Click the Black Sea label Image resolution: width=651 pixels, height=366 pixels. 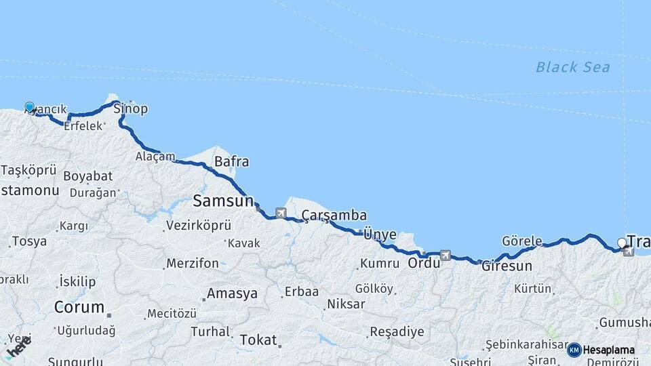(x=572, y=67)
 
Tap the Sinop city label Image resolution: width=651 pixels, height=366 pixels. (x=130, y=108)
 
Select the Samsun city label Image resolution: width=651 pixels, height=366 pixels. (x=222, y=201)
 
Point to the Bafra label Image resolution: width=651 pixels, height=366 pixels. (x=231, y=162)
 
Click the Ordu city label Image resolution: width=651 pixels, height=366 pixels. (x=423, y=262)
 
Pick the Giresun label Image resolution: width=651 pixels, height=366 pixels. (x=507, y=266)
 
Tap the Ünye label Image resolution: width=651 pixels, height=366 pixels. (x=380, y=235)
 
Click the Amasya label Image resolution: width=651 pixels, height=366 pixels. (x=233, y=294)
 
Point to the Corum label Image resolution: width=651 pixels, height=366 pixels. (x=79, y=308)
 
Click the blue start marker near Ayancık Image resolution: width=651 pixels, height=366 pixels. (x=30, y=107)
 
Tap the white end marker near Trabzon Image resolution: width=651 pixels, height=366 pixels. (x=622, y=243)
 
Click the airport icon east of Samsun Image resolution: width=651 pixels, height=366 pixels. (x=280, y=213)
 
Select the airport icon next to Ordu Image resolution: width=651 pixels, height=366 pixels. (x=445, y=256)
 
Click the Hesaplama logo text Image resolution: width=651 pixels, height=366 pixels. (x=609, y=350)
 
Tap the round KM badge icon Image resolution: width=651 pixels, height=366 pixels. (x=574, y=350)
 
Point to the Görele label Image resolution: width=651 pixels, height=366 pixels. (x=521, y=241)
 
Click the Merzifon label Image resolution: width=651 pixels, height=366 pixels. (x=193, y=263)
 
